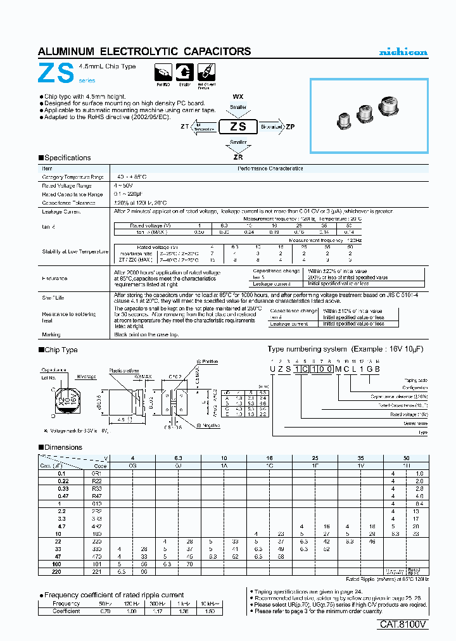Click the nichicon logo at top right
403,52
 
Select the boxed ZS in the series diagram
237,127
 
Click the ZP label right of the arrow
290,127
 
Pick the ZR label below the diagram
238,156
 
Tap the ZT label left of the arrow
184,127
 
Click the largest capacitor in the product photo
389,105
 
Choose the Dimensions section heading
63,447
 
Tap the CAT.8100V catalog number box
403,625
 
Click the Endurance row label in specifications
55,278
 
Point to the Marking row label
52,334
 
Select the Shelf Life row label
54,297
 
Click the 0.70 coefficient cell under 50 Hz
106,611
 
